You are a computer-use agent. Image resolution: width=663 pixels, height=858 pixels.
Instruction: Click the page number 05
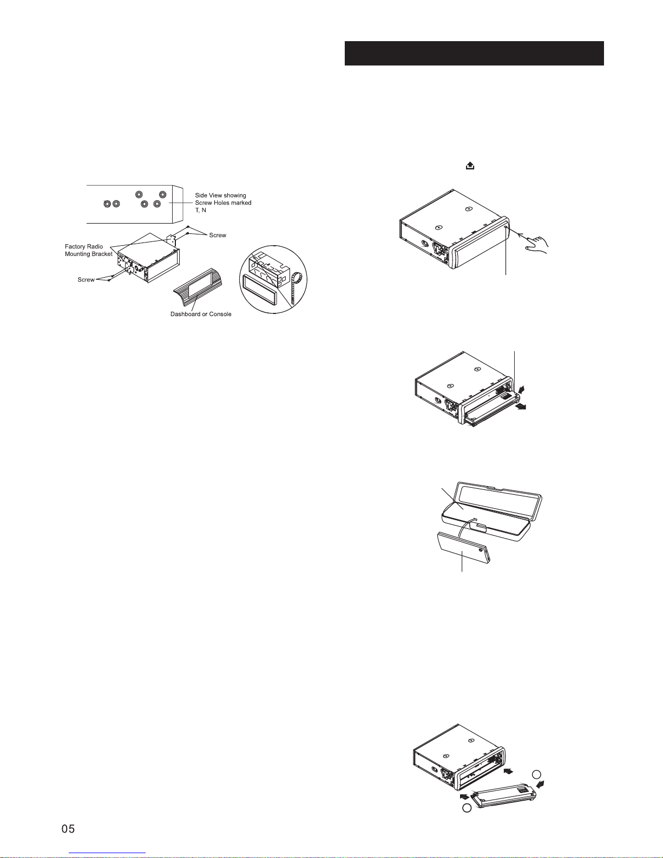(x=68, y=829)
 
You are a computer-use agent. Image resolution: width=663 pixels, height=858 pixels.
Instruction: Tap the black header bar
(x=474, y=53)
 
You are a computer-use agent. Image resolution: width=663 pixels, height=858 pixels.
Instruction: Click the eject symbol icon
(x=470, y=166)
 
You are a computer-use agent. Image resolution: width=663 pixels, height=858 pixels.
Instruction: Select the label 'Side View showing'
(x=220, y=195)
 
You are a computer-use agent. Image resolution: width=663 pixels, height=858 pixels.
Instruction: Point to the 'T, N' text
(x=200, y=210)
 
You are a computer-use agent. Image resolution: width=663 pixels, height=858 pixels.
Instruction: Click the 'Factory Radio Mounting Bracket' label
(x=88, y=250)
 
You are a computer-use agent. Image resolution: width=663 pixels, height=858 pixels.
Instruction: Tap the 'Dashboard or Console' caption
(x=201, y=315)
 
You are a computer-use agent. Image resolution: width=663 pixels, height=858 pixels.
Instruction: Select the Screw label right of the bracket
(x=218, y=235)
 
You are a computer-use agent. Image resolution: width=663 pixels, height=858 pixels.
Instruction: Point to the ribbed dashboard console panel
(x=198, y=287)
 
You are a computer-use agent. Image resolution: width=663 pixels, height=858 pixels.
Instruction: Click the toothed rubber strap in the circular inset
(x=295, y=287)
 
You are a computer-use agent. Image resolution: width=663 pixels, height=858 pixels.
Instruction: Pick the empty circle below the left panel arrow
(x=467, y=808)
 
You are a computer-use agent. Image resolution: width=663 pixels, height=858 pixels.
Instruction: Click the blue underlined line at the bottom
(x=107, y=853)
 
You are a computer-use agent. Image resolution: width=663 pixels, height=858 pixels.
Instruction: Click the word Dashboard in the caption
(x=186, y=315)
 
